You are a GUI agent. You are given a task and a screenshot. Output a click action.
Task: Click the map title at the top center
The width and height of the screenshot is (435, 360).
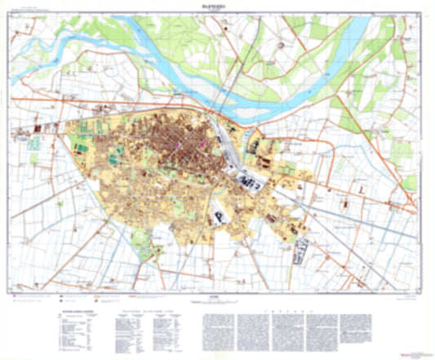click(x=218, y=6)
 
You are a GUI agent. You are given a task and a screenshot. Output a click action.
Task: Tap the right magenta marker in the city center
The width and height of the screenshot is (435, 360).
click(x=202, y=144)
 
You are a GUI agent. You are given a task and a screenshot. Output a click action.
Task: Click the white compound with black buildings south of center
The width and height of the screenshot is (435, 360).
click(x=221, y=214)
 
